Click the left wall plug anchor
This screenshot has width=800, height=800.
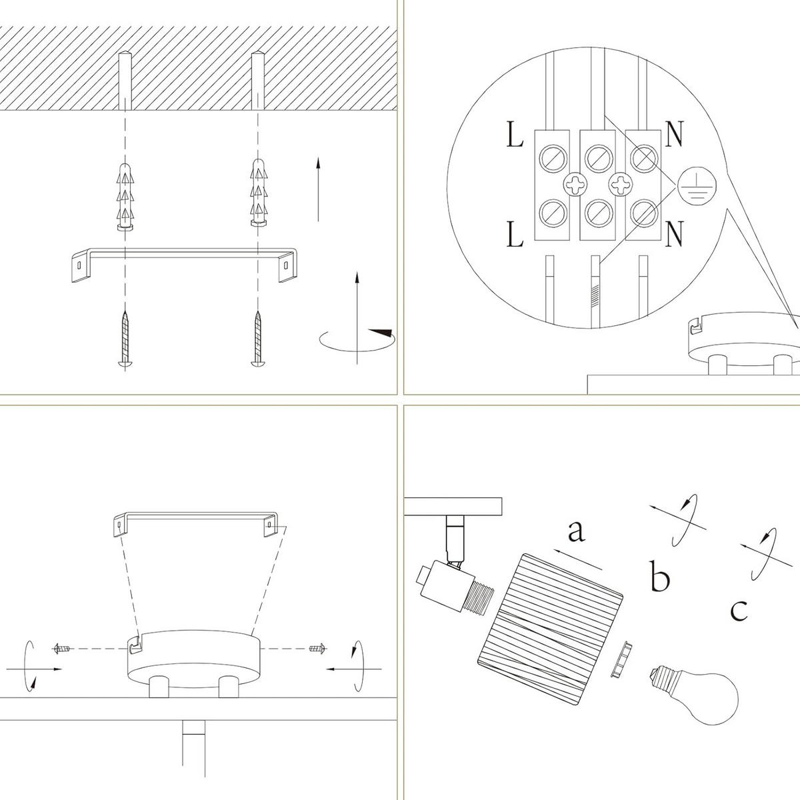pos(125,194)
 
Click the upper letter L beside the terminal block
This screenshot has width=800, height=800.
pos(514,135)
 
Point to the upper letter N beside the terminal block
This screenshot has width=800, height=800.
pos(674,135)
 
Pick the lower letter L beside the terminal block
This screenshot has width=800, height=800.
pos(514,235)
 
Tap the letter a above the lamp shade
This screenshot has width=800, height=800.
pos(576,531)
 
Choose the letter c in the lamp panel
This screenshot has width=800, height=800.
pos(739,609)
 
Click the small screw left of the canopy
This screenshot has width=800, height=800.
pos(62,648)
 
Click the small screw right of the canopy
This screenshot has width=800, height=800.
pos(317,647)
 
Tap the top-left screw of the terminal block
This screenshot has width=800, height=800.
pos(553,157)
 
